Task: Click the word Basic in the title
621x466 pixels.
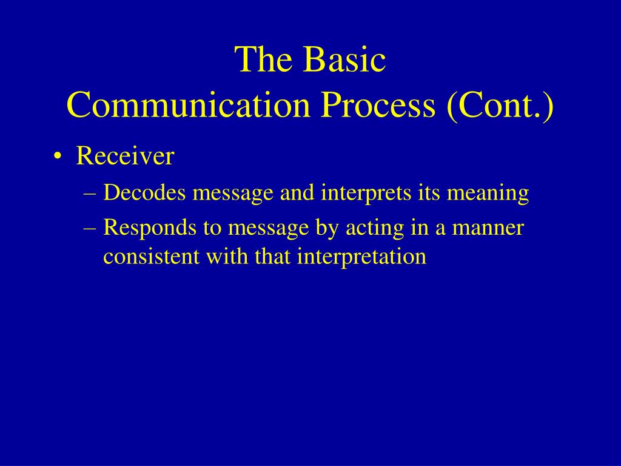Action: pos(344,59)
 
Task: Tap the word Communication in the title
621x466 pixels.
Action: pos(189,105)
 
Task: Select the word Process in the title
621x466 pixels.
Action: pos(378,105)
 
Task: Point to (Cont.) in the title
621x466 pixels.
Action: pos(500,106)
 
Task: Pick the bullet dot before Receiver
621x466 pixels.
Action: pos(58,157)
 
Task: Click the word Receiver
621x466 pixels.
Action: pos(125,156)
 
